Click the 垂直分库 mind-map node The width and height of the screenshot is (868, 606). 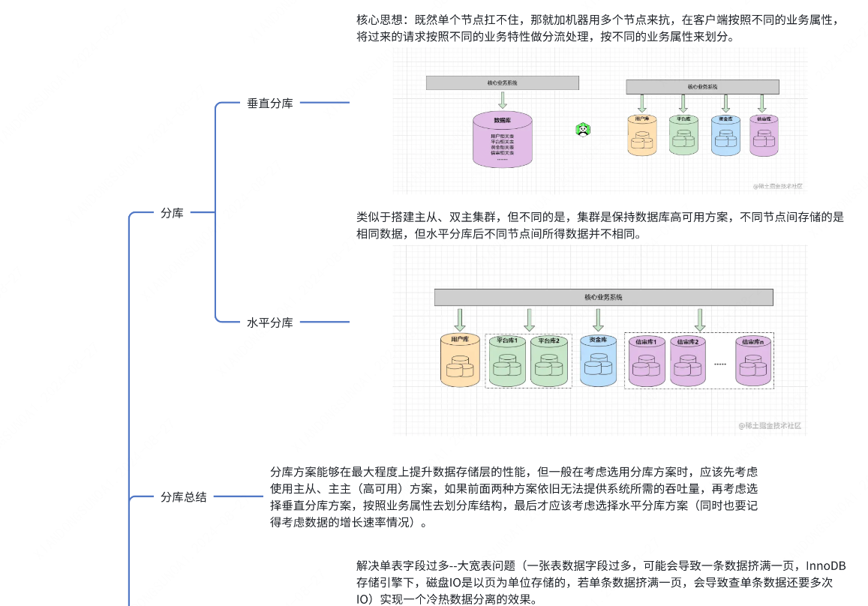(x=269, y=103)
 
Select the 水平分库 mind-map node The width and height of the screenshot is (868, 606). (x=269, y=322)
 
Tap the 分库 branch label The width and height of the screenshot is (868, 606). (x=172, y=213)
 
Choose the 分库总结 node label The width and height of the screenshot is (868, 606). (x=184, y=496)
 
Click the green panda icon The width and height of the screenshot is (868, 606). (x=583, y=129)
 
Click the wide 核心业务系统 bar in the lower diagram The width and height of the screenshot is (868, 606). (x=603, y=297)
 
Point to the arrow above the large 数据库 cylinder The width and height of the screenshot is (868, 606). (x=503, y=100)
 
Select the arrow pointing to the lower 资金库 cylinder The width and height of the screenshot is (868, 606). (x=598, y=319)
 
